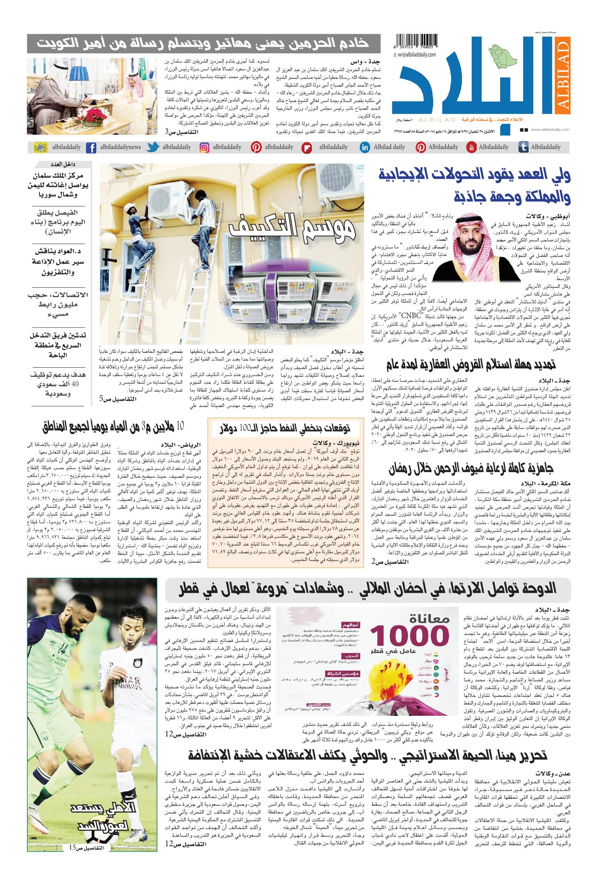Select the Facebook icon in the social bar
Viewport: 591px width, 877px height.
click(91, 148)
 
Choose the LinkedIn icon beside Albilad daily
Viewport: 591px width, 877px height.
click(365, 148)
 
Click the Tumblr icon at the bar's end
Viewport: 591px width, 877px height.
click(523, 148)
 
